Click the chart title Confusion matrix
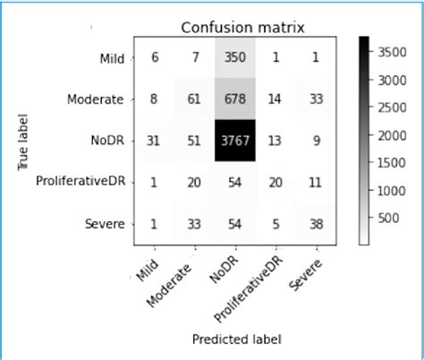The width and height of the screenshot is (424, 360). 243,28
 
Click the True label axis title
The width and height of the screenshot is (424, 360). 24,141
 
